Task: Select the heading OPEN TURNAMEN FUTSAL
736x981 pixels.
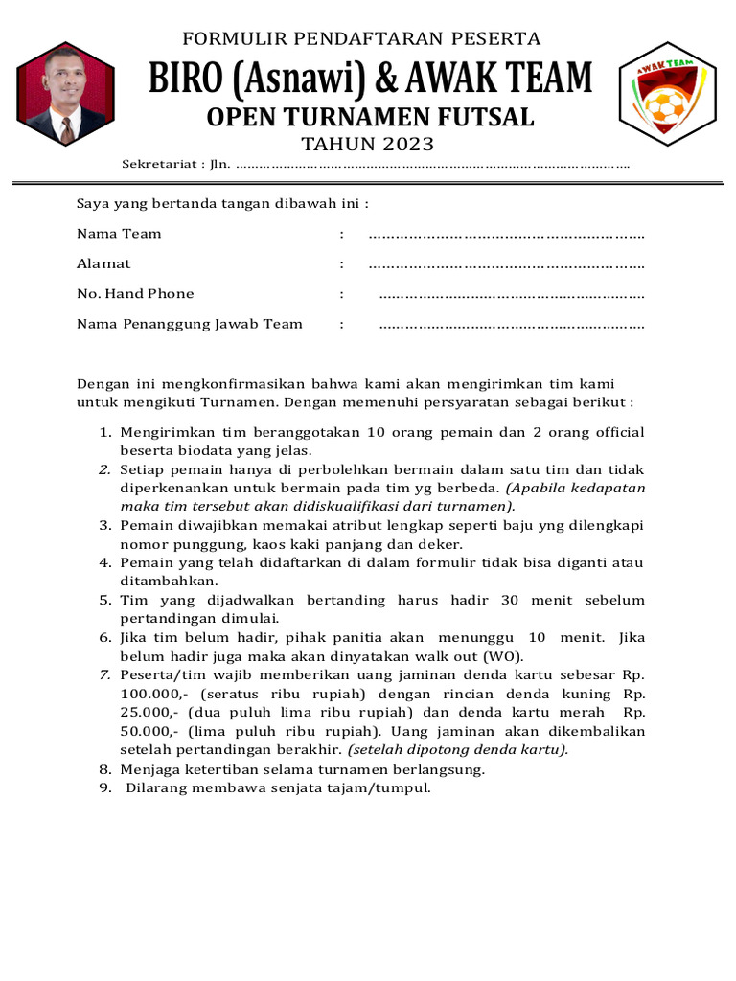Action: tap(371, 117)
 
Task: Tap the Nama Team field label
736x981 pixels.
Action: tap(119, 234)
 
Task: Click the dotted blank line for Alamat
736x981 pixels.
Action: tap(506, 264)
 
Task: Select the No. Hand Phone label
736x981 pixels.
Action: tap(135, 294)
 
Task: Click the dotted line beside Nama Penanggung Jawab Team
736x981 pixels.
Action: tap(512, 325)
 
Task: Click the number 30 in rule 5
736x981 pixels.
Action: tap(510, 601)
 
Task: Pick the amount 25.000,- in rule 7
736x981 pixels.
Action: tap(149, 713)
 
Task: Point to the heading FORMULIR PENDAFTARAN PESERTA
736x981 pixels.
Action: tap(361, 39)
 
